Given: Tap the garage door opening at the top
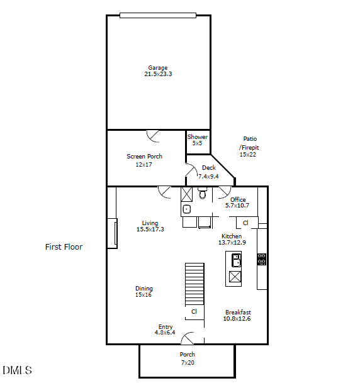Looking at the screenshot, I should [158, 16].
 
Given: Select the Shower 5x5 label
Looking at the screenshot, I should [198, 140].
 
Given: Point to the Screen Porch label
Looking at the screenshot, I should [144, 160].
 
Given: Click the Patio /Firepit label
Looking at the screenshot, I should [249, 147].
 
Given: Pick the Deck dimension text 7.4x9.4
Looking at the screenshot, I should [208, 176].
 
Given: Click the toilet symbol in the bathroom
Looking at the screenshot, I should [203, 194].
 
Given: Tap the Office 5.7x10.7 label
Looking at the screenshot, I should [238, 202].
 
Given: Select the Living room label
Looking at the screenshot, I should [150, 226].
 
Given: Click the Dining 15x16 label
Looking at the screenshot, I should [143, 292].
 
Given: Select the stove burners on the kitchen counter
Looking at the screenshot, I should [261, 258].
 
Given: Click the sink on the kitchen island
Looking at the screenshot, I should [235, 259].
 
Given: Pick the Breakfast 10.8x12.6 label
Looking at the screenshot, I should [237, 315].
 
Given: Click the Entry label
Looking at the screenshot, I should [165, 330].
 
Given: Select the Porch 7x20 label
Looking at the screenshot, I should [188, 358].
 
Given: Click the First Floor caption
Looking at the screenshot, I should [64, 247].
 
